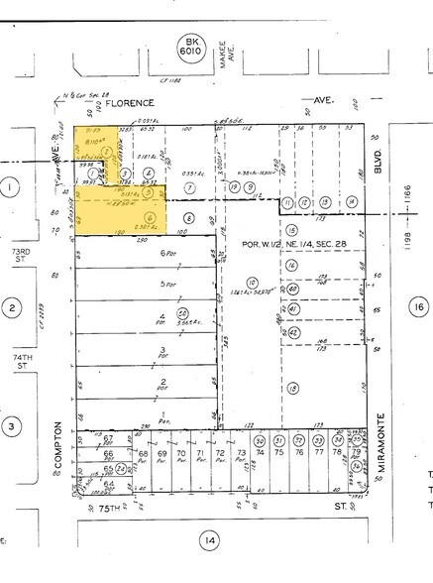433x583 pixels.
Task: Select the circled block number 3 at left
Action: (11, 427)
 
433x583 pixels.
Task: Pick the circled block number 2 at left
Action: (11, 308)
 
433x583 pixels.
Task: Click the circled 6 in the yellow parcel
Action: (150, 218)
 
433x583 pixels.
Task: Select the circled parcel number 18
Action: (292, 390)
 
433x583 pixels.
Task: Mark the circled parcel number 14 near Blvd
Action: (351, 202)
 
